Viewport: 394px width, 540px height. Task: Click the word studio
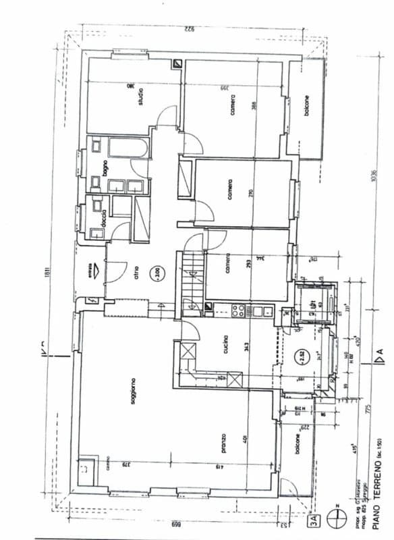141,99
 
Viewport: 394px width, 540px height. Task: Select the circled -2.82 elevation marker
304,355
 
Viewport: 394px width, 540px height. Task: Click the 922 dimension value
190,28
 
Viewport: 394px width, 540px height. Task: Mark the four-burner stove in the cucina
238,310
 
